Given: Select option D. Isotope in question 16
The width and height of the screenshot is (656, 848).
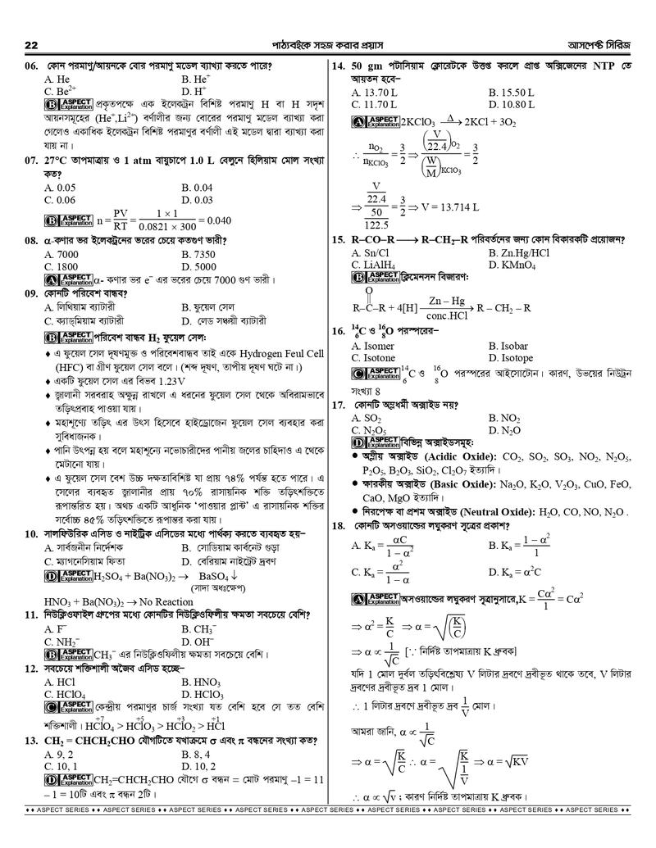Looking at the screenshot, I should coord(510,358).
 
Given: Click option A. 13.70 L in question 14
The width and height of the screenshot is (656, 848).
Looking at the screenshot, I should coord(374,93).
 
